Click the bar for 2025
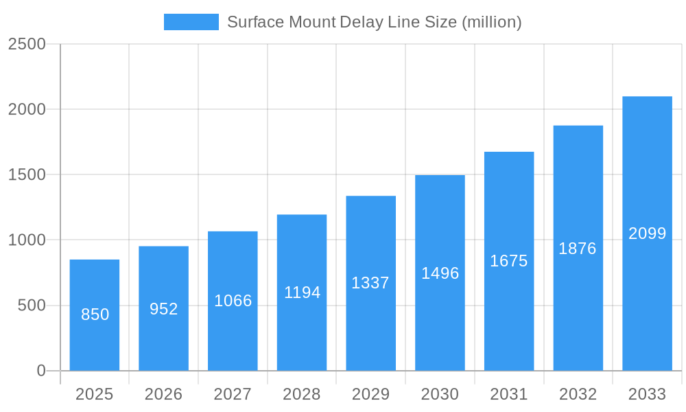[95, 315]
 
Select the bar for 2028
[302, 293]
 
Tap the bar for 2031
[509, 261]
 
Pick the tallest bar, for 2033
[647, 233]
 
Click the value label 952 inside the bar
[164, 309]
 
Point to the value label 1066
[233, 301]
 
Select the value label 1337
[370, 283]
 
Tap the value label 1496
[440, 273]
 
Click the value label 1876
[578, 249]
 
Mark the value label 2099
[647, 233]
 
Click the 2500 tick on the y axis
[27, 44]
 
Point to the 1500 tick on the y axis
[27, 174]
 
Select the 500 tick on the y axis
[32, 306]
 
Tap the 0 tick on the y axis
[41, 371]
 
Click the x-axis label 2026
[164, 394]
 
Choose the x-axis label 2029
[370, 394]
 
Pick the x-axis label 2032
[578, 394]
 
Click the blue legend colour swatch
[191, 22]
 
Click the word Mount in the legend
[313, 22]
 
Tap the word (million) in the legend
[492, 22]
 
